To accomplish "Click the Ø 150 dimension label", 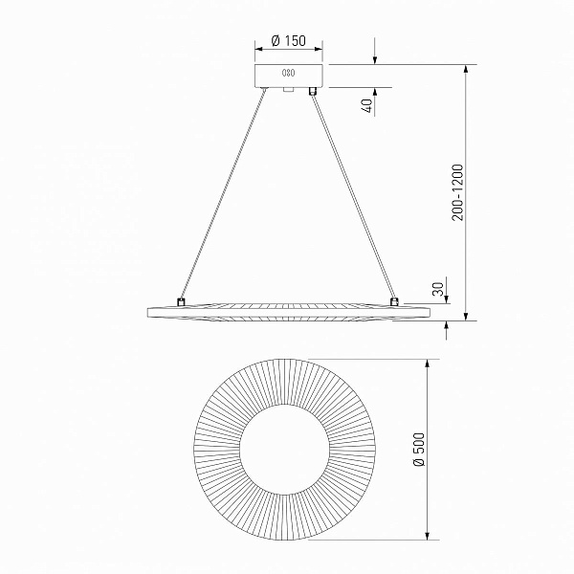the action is point(289,40).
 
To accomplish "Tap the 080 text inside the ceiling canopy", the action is point(289,73).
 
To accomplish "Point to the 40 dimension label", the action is point(368,105).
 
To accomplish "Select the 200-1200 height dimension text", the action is point(457,192).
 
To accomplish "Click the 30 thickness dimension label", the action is point(438,289).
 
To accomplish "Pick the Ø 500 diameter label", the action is point(418,449).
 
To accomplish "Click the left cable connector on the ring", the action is point(181,302).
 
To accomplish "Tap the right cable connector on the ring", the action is point(394,301).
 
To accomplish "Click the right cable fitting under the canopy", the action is point(312,91).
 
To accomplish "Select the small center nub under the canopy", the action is point(289,90).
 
